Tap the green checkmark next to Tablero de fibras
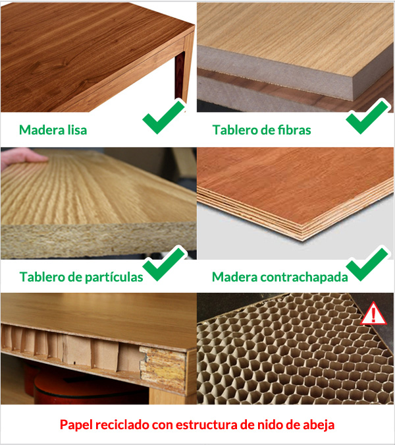(x=367, y=117)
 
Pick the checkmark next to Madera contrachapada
(x=367, y=264)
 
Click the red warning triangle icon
(x=373, y=314)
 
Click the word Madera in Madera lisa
(x=42, y=130)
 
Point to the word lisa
(x=77, y=130)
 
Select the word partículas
(x=114, y=277)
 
